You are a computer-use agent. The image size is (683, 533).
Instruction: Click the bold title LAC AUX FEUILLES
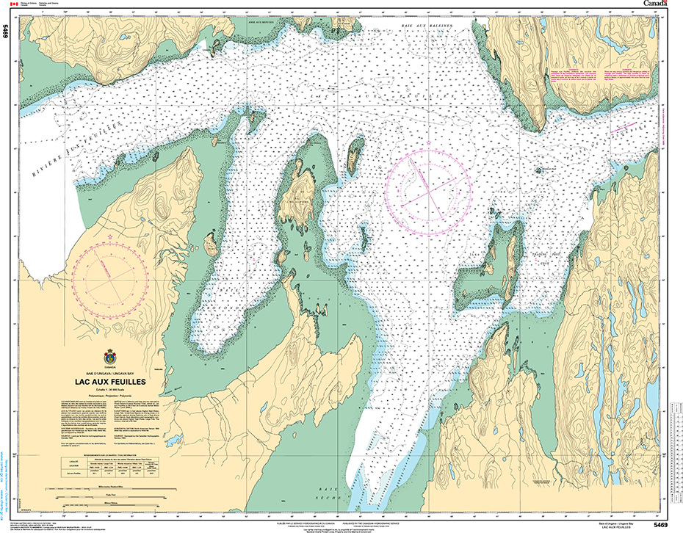click(110, 382)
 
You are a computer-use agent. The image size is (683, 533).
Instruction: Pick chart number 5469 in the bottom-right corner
click(660, 524)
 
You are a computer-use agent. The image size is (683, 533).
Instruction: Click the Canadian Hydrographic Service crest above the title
click(110, 355)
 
